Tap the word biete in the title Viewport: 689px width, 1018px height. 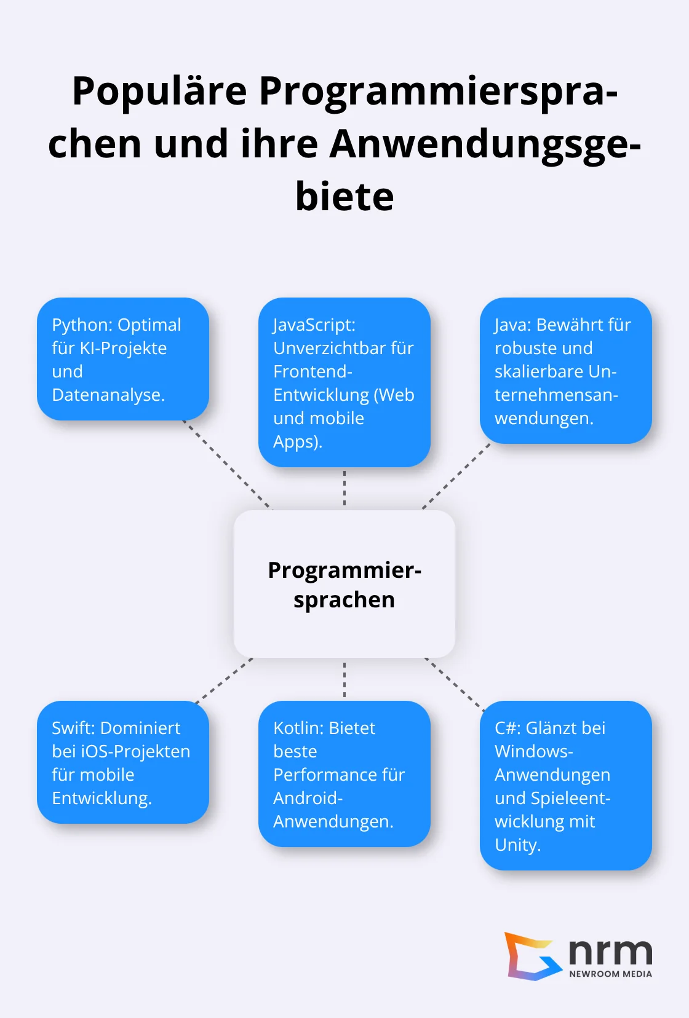point(344,197)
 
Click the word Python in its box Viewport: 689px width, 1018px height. point(81,325)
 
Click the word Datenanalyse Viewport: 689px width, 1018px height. point(108,395)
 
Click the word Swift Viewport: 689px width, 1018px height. point(74,728)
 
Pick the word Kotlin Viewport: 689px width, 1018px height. point(298,728)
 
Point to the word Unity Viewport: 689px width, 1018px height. point(517,845)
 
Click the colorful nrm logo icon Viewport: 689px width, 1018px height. point(530,957)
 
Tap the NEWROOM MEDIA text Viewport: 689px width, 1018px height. point(610,974)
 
